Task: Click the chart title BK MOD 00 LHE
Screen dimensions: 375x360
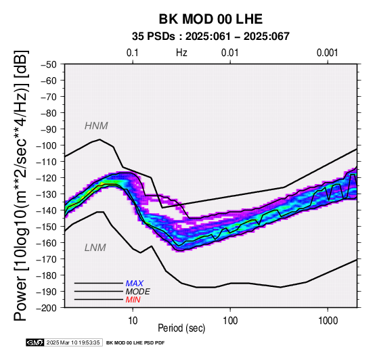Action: coord(211,19)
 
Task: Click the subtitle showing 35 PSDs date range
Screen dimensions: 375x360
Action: coord(211,37)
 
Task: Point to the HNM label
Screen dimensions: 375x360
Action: coord(96,126)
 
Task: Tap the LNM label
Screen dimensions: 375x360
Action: coord(95,248)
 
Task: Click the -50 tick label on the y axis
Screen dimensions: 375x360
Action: coord(49,64)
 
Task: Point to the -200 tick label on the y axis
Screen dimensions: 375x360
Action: coord(47,308)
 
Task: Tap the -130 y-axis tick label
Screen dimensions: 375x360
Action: coord(47,194)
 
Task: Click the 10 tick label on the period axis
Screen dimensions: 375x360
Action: coord(133,321)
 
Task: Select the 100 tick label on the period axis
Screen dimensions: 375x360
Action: coord(230,321)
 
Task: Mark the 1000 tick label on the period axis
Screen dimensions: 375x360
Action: coord(328,321)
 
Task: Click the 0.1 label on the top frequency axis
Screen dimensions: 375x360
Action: coord(132,53)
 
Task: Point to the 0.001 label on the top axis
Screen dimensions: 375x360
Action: coord(327,53)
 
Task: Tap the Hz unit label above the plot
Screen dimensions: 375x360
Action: coord(181,53)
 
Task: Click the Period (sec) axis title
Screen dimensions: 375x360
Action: coord(181,328)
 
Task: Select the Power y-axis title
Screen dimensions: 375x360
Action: coord(20,185)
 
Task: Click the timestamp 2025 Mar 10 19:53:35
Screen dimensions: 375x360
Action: coord(73,342)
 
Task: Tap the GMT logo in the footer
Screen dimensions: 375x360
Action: coord(35,342)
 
